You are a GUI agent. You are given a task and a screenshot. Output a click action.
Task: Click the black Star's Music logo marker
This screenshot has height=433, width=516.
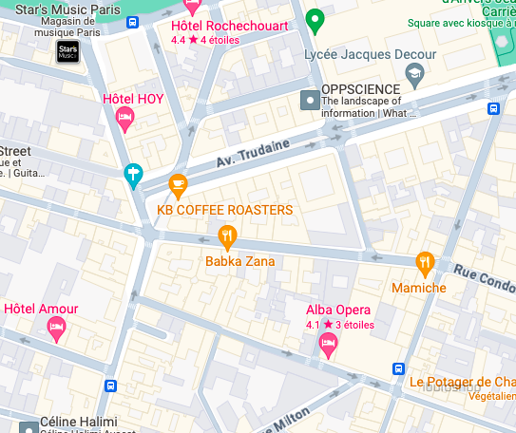[x=67, y=52]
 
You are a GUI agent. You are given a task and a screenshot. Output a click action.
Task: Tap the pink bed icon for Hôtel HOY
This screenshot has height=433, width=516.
[x=124, y=119]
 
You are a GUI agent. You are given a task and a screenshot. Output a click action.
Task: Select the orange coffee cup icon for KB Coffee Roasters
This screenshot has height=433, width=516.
[x=178, y=184]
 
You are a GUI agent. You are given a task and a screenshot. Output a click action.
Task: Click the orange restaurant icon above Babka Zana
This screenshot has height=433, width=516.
[x=226, y=235]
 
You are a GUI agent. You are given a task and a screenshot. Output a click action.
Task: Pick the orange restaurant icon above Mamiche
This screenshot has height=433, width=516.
[x=425, y=262]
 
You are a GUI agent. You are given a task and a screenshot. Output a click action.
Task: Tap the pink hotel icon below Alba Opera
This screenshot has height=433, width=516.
[x=329, y=345]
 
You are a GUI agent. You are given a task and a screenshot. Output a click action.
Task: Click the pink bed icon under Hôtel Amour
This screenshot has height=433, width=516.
[x=56, y=329]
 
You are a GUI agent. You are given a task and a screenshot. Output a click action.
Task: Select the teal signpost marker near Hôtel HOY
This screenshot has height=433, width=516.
[x=133, y=175]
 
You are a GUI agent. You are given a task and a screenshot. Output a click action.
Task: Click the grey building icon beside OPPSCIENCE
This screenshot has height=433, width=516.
[x=309, y=99]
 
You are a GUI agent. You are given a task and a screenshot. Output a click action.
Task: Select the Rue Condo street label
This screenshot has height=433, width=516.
[x=483, y=277]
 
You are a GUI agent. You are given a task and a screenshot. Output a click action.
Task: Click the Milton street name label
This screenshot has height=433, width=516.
[x=290, y=418]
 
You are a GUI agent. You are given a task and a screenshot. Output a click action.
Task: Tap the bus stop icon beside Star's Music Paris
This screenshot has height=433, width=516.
[x=132, y=22]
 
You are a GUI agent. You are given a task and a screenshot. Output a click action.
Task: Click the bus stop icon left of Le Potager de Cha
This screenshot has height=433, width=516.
[x=398, y=368]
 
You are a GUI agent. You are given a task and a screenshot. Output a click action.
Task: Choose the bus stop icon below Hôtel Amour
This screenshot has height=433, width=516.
[x=110, y=386]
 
